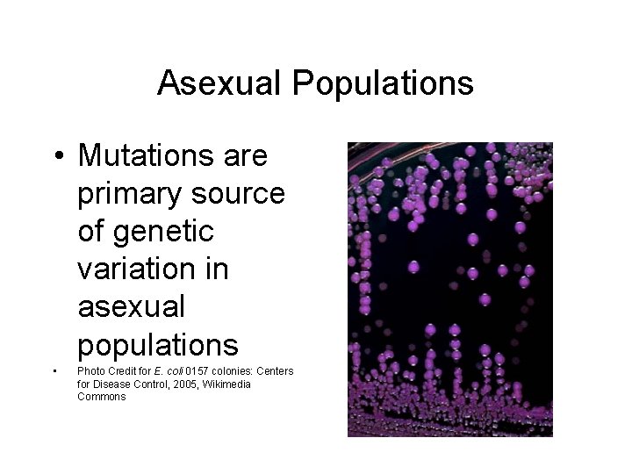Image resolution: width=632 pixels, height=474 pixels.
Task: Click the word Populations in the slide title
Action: coord(383,83)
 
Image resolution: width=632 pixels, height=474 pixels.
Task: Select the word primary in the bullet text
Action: coord(133,193)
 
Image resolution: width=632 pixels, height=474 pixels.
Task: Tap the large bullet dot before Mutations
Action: coord(57,157)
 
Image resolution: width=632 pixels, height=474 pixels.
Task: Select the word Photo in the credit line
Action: coord(90,371)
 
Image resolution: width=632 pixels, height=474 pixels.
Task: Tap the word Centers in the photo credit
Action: coord(276,371)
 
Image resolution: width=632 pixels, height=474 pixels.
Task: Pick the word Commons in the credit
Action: coord(101,397)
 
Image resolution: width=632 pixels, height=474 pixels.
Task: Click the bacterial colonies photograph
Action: coord(449,290)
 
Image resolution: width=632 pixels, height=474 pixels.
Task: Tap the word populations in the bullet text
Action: coord(158,344)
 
